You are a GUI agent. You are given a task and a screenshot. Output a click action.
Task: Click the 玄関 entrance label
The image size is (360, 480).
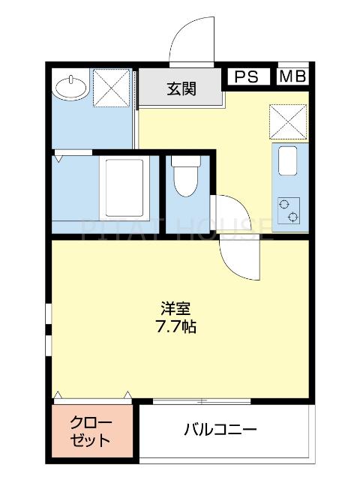click(x=181, y=89)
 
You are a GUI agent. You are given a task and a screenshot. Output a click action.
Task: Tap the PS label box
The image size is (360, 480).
click(x=247, y=76)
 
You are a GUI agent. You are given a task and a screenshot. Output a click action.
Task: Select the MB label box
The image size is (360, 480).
click(x=292, y=76)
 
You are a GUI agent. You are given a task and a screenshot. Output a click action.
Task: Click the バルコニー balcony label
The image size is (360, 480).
click(x=221, y=430)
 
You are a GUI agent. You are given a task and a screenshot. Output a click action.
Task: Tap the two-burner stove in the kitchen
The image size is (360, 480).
click(x=289, y=210)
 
